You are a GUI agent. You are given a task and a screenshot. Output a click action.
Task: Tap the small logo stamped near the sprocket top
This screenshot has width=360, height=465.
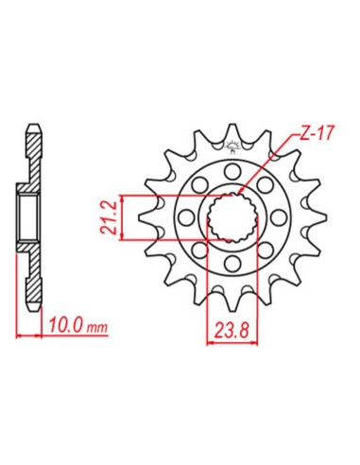[x=231, y=145]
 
